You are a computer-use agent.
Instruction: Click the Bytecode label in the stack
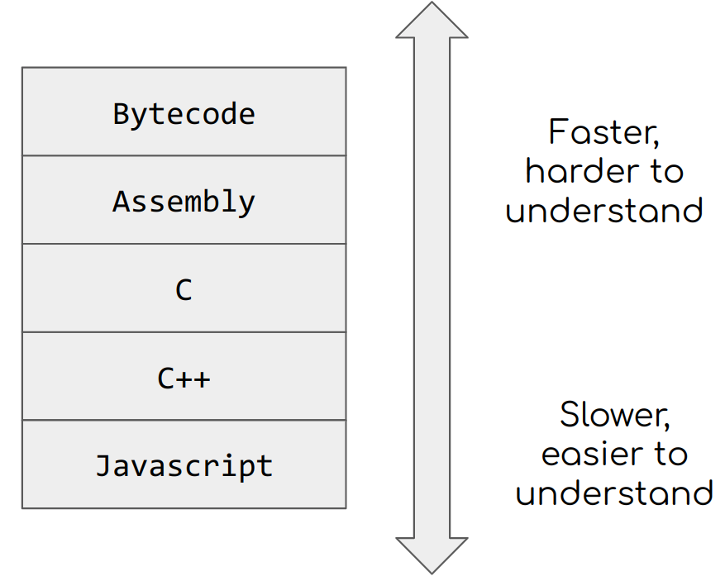[184, 113]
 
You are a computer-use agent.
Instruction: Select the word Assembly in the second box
[184, 202]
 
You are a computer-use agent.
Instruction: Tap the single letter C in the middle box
[184, 290]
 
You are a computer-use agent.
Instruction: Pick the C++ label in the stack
[184, 379]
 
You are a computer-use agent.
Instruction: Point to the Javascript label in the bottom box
[184, 466]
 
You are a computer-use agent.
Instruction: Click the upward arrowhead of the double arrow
[432, 21]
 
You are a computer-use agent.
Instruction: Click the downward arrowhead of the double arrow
[432, 555]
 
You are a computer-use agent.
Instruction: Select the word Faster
[603, 133]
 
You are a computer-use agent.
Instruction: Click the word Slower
[613, 415]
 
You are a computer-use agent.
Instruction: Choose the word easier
[583, 454]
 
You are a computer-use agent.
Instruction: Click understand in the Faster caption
[604, 211]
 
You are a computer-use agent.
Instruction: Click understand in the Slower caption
[614, 493]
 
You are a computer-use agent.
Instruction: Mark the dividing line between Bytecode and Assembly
[184, 155]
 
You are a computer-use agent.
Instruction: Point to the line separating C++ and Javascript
[184, 420]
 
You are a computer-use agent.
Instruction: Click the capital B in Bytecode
[122, 113]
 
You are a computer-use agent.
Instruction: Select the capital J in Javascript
[103, 465]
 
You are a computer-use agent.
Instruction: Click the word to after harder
[666, 172]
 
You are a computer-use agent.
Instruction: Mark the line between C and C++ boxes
[184, 332]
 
